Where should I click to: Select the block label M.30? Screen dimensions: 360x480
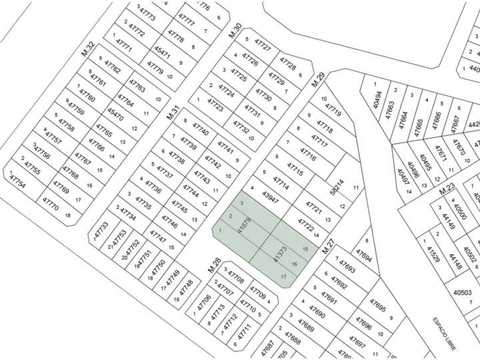pos(234,30)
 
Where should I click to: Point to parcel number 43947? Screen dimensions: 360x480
pos(270,197)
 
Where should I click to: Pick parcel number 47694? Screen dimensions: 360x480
pos(363,255)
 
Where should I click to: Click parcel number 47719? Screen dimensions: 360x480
pos(333,109)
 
